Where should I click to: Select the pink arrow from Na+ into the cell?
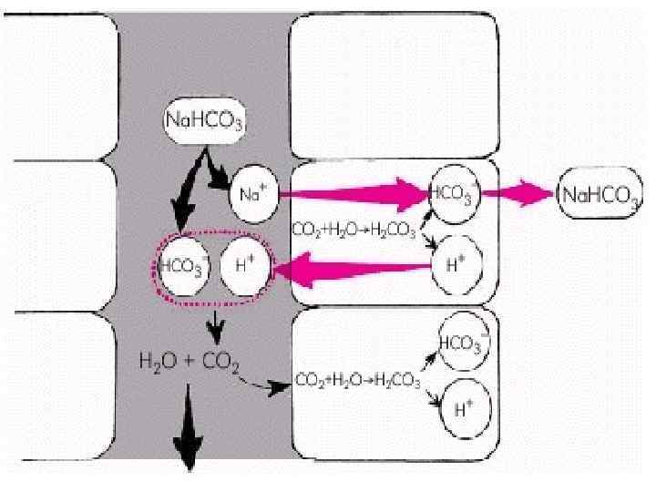[x=355, y=193]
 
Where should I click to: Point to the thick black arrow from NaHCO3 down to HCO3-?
[x=189, y=191]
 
